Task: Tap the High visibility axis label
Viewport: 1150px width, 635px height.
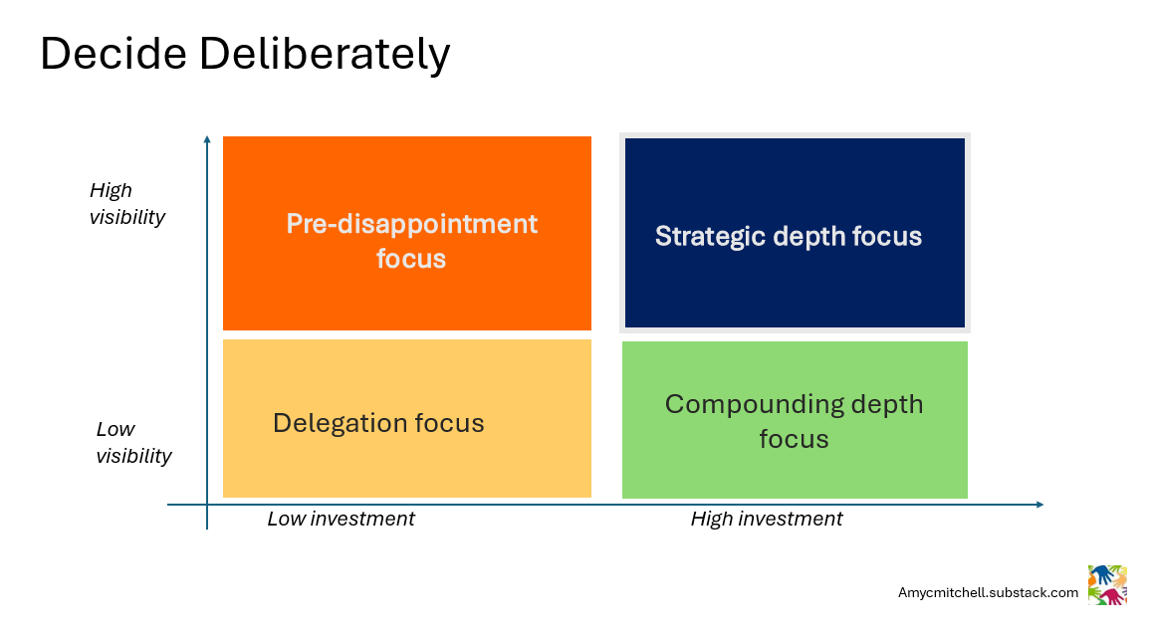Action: (x=126, y=203)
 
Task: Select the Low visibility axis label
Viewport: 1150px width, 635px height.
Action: (x=133, y=443)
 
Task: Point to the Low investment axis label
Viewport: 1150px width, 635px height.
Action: (x=341, y=519)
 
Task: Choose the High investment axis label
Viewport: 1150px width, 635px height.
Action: (x=766, y=519)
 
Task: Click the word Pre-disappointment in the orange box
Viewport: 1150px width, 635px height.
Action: (x=411, y=223)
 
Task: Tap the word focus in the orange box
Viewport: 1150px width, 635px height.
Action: (x=410, y=259)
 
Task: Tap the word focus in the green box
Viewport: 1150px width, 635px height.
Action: (x=794, y=439)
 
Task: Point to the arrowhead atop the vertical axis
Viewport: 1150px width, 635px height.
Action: (x=207, y=139)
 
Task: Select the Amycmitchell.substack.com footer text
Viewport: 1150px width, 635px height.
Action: (x=988, y=592)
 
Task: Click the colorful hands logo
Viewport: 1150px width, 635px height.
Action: (x=1107, y=584)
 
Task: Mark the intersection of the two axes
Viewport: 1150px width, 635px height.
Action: (x=207, y=505)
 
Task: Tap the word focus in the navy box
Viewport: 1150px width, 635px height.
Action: (x=887, y=236)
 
